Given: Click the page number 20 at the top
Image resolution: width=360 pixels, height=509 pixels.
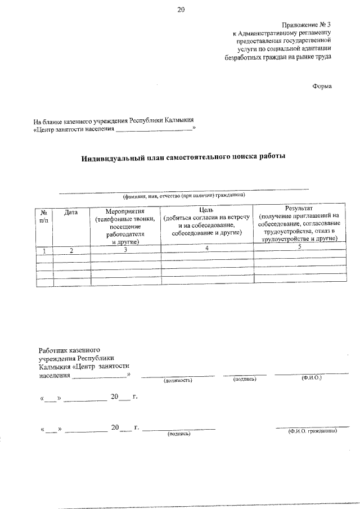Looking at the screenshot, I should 180,9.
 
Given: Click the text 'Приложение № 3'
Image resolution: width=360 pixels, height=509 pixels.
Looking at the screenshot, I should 307,24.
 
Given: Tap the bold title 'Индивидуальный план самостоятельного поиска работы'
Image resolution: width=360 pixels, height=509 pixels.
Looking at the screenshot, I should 183,157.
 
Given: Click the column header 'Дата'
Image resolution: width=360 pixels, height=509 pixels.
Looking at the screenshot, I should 71,213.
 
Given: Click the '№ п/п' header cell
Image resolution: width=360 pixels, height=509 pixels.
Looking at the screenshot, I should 44,216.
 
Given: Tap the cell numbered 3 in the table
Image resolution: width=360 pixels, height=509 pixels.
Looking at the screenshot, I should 125,248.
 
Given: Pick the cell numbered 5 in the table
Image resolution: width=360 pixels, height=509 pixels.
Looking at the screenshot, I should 299,246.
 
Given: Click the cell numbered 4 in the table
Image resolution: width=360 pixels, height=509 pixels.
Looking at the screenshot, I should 207,247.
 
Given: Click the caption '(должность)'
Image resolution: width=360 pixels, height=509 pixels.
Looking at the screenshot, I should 178,380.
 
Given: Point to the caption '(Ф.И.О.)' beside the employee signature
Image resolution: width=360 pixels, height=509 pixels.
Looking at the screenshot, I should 311,379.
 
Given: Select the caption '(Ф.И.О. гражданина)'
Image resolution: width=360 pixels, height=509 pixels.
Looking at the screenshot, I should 312,431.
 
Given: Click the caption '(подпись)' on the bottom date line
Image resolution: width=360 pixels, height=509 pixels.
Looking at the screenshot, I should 179,434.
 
